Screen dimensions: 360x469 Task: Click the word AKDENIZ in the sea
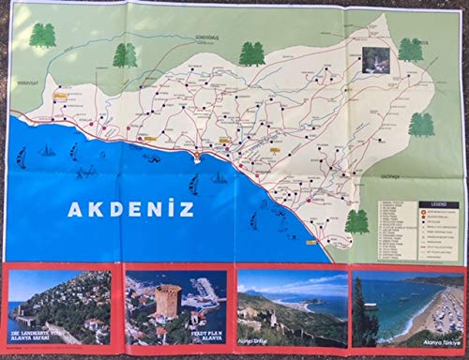(130, 208)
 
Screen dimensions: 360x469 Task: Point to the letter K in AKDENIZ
(91, 208)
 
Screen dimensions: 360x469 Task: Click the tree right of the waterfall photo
(410, 50)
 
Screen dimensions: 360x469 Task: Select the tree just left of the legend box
(356, 222)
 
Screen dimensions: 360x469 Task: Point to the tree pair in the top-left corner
(42, 36)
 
